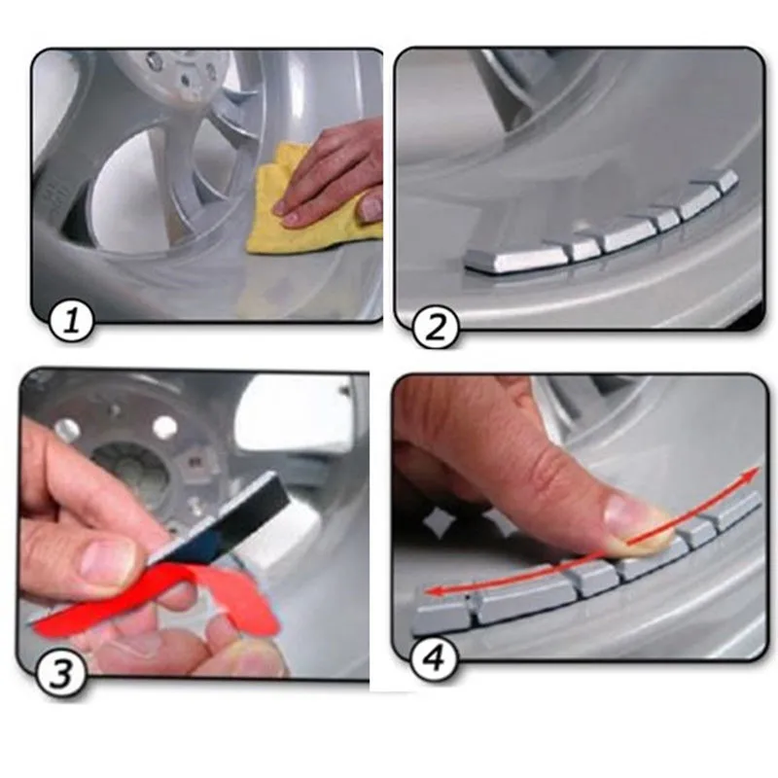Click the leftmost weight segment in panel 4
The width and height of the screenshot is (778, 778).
click(x=442, y=613)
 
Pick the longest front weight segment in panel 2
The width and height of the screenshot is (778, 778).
click(x=515, y=258)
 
